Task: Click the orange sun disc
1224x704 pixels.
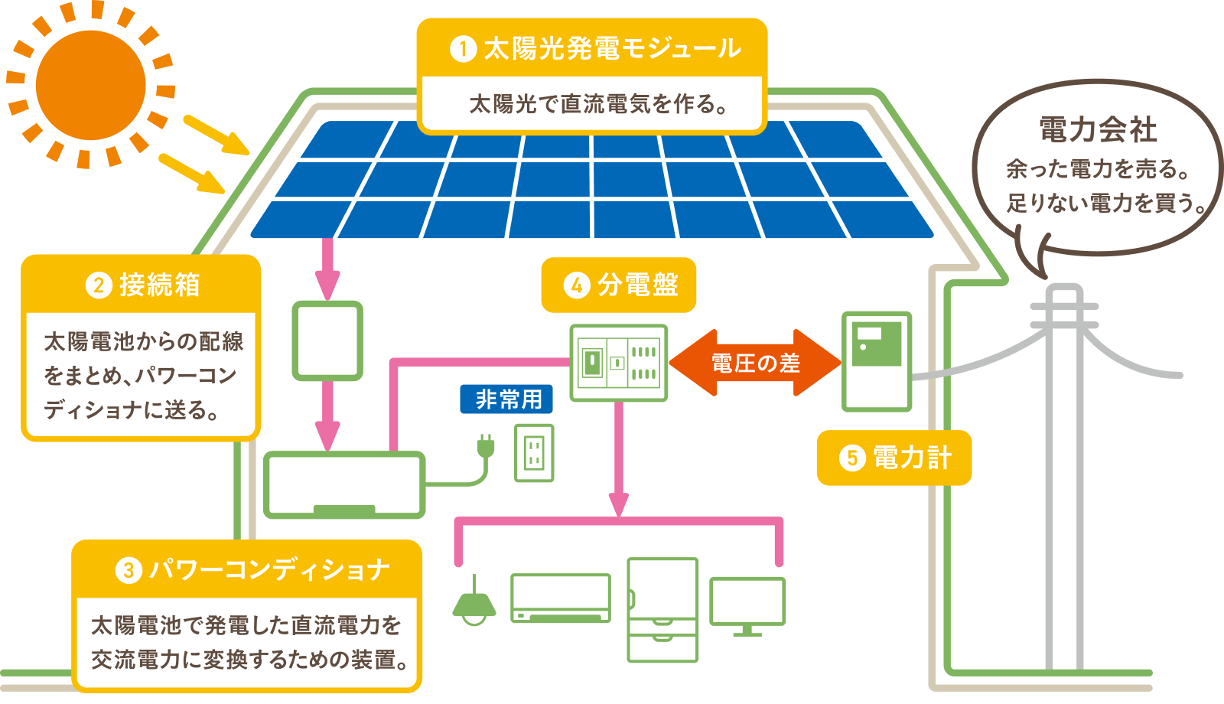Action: click(90, 84)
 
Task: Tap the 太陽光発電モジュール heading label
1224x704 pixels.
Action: click(593, 48)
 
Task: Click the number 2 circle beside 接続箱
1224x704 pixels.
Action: click(99, 285)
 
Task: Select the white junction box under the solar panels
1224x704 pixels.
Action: click(327, 341)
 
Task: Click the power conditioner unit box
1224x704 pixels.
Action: click(344, 484)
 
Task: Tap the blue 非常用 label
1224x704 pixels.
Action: click(506, 399)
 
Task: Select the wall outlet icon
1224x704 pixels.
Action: click(534, 453)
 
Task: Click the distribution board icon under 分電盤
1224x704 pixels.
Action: click(619, 363)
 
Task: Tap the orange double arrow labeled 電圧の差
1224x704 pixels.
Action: click(755, 363)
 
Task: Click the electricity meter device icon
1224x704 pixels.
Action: click(877, 361)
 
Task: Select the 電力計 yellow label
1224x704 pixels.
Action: click(894, 458)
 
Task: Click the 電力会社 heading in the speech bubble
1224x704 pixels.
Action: click(1098, 129)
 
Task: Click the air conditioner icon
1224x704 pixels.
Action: click(561, 598)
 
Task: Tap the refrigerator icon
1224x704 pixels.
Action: click(662, 609)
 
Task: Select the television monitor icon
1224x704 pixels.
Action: click(747, 605)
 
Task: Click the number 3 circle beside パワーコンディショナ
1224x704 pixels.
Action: click(129, 570)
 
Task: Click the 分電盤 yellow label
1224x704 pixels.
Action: click(619, 285)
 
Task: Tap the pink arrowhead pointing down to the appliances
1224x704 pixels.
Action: click(619, 505)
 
